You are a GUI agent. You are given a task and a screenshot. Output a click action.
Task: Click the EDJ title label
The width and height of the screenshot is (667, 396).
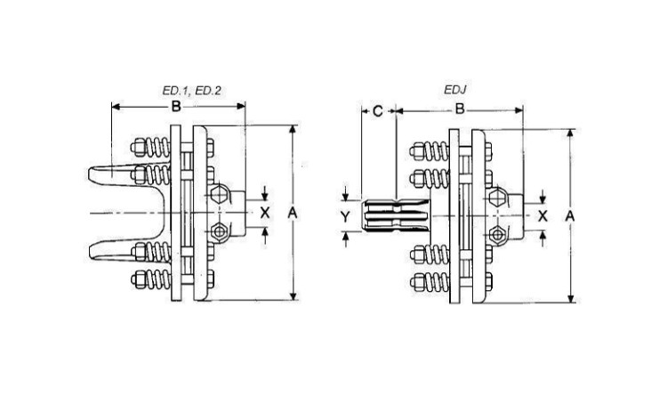(455, 91)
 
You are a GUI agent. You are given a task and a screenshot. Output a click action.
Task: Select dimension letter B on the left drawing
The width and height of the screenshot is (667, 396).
(177, 108)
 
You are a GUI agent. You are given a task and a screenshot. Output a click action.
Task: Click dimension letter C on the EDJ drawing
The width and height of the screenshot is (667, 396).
(377, 111)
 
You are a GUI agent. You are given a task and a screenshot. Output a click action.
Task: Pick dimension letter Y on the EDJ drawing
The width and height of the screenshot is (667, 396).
(348, 216)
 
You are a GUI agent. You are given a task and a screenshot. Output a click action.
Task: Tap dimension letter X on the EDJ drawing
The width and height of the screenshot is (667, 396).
(542, 216)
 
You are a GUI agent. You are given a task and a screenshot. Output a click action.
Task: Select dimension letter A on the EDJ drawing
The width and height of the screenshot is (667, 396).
(570, 216)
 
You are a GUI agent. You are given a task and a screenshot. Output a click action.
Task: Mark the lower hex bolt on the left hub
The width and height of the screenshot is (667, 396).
(221, 233)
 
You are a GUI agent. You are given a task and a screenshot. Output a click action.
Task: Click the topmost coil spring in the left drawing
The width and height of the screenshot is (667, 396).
(160, 147)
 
